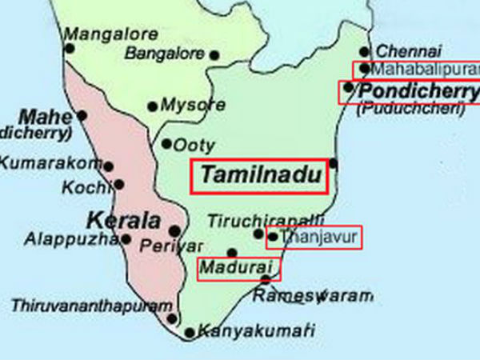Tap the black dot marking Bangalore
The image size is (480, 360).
point(214,54)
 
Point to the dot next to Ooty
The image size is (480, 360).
point(166,145)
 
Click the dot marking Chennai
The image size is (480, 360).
point(365,52)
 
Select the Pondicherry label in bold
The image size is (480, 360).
point(416,90)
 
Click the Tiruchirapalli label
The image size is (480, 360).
point(266,219)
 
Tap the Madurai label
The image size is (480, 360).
point(237,267)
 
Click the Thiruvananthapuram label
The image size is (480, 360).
point(91,306)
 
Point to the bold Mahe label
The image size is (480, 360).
point(45,114)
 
